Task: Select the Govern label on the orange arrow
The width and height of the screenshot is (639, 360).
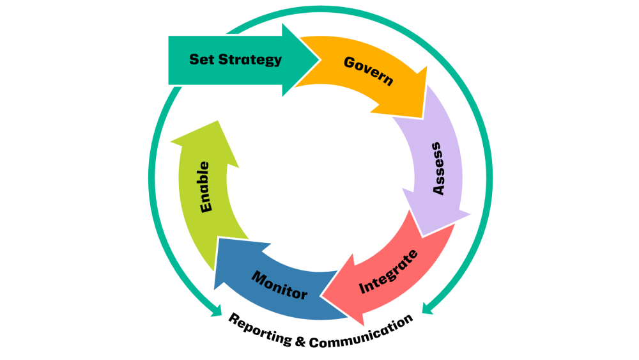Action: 368,71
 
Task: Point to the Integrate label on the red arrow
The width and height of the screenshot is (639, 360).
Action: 389,271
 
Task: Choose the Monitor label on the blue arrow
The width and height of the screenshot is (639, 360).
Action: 279,285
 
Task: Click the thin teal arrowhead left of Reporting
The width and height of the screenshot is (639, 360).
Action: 217,313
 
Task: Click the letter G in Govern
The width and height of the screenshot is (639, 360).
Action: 350,62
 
